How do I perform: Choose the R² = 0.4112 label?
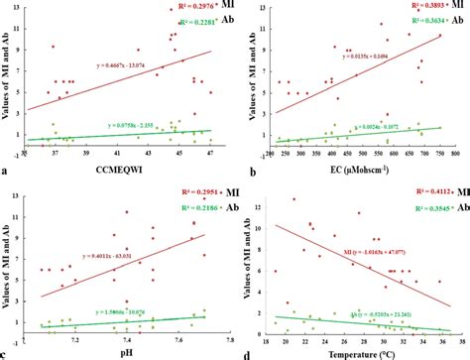click(x=402, y=188)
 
